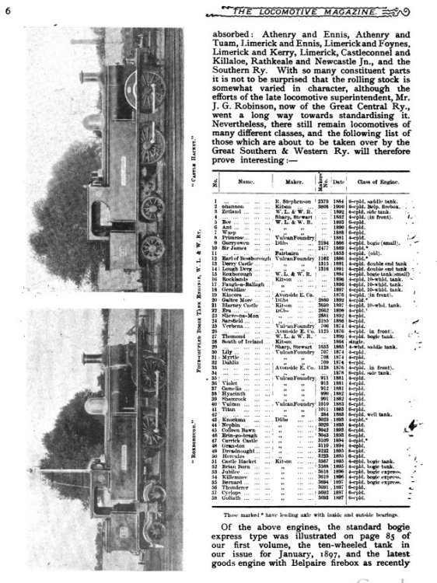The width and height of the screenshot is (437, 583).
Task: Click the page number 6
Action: [7, 9]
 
